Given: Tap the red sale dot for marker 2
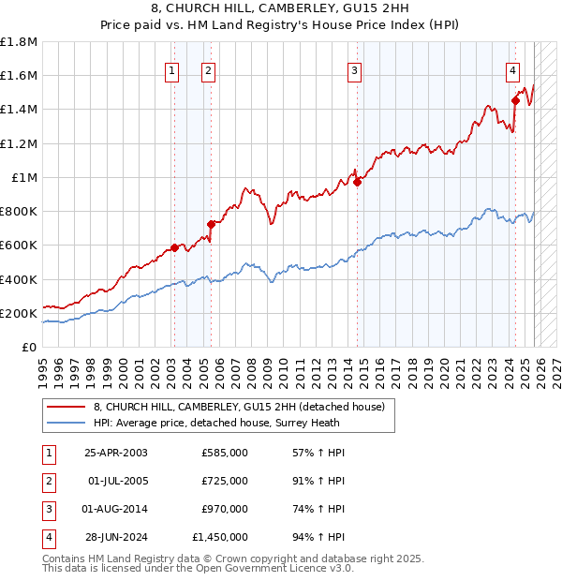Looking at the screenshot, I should [x=211, y=224].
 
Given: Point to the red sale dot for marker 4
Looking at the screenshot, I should [x=515, y=100].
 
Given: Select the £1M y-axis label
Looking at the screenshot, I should [x=24, y=178].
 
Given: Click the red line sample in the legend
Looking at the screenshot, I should [x=66, y=407].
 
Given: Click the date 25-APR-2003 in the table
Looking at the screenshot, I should [x=115, y=453].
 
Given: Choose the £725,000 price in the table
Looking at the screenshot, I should [x=225, y=481].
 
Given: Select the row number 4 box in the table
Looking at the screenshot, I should [x=47, y=537].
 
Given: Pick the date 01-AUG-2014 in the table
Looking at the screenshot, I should [x=115, y=509].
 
